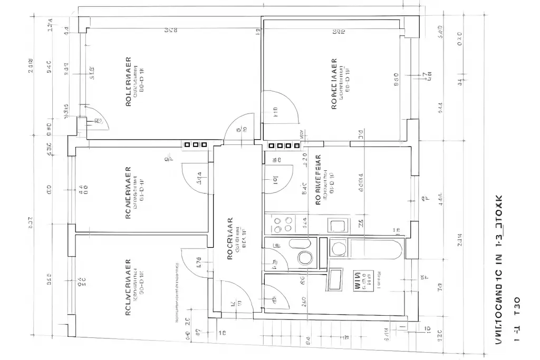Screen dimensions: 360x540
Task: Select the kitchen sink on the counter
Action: pos(337,226)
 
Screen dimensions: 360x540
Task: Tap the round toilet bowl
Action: pos(305,258)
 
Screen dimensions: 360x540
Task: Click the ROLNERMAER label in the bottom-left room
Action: pos(128,287)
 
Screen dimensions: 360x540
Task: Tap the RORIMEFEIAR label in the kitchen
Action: pos(319,179)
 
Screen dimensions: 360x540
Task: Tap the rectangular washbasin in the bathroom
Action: pos(335,279)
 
